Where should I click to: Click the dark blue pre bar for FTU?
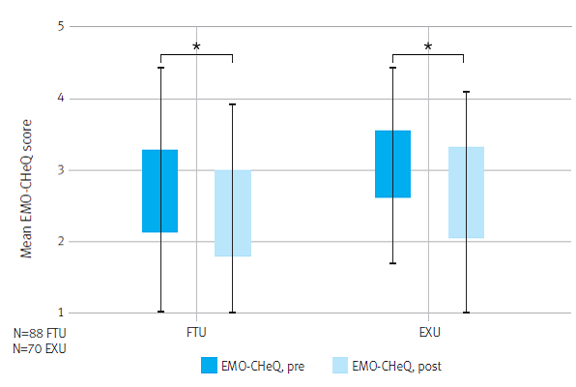coord(159,191)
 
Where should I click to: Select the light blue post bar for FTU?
coord(233,213)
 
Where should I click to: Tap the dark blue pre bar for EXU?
coord(392,164)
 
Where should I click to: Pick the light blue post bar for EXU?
coord(466,192)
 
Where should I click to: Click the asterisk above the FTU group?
coord(196,46)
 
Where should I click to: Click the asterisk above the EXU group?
coord(428,46)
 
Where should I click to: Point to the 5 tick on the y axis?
coord(59,27)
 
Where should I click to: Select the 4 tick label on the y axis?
coord(59,99)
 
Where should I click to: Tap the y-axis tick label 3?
coord(59,170)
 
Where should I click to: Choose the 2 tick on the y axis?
coord(59,242)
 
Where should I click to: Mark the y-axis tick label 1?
coord(59,313)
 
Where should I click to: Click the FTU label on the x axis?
coord(196,332)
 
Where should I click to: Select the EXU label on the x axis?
coord(429,332)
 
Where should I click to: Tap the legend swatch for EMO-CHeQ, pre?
coord(210,365)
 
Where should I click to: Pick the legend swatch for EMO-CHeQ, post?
coord(340,365)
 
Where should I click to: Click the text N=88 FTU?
coord(40,332)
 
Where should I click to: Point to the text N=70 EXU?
coord(40,346)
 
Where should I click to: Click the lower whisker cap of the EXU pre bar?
coord(392,263)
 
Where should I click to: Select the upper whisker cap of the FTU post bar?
coord(233,104)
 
